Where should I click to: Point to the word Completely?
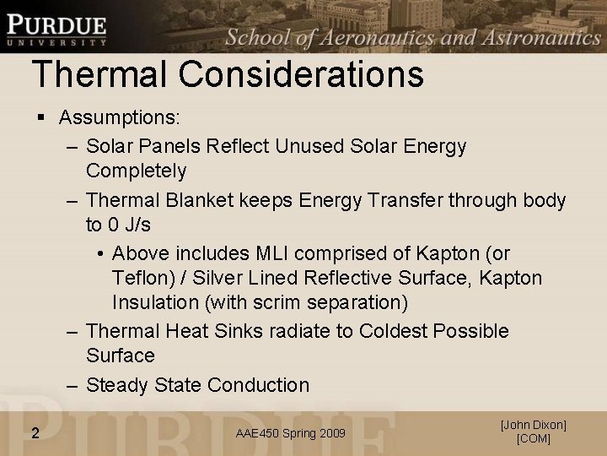136,171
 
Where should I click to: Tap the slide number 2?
35,433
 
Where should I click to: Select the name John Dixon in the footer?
533,425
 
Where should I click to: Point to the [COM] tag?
533,439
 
